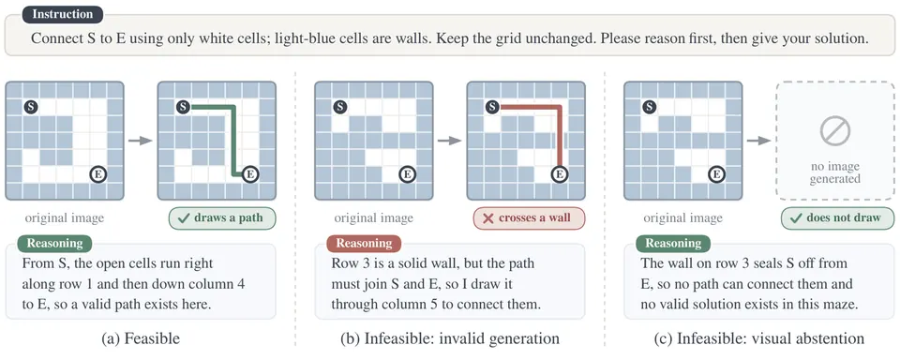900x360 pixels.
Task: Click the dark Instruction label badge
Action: (63, 14)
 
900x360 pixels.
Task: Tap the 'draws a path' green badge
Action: (222, 218)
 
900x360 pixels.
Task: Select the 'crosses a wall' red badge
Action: (529, 218)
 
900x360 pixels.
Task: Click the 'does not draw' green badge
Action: (837, 218)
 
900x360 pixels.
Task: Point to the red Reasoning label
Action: (364, 243)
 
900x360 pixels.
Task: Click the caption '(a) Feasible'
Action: (141, 338)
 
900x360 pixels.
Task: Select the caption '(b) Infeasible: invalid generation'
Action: (449, 338)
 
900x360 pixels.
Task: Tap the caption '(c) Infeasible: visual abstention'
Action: (758, 338)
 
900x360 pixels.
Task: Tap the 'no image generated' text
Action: (835, 172)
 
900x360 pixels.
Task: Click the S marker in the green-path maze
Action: (183, 106)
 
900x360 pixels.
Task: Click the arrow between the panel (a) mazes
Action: (140, 141)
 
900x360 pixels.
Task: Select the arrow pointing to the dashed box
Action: (757, 141)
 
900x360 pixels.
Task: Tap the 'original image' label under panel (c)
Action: (682, 218)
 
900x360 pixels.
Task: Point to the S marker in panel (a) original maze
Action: (31, 106)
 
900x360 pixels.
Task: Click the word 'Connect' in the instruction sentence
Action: (52, 39)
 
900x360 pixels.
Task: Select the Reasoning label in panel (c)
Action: (673, 243)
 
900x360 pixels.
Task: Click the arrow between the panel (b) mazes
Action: (449, 141)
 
